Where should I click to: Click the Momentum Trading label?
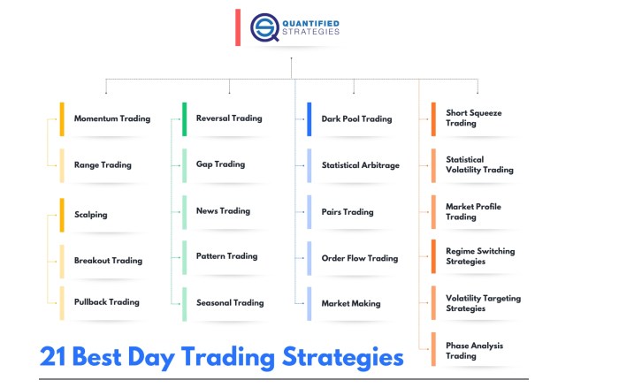(x=111, y=118)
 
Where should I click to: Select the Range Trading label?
(x=103, y=164)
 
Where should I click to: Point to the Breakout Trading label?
(x=108, y=260)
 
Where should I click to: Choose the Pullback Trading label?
(x=106, y=301)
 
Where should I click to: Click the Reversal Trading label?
(x=228, y=118)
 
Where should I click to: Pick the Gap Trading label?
(x=220, y=164)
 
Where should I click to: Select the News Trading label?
(x=223, y=210)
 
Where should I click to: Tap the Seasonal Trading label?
(x=230, y=302)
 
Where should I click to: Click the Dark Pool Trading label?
(x=356, y=118)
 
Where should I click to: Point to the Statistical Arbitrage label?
(x=360, y=164)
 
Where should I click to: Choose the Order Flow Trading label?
(x=359, y=258)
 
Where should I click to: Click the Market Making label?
(x=351, y=303)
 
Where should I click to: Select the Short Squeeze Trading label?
(x=473, y=118)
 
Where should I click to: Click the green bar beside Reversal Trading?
(x=185, y=119)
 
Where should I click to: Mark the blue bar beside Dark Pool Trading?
(x=309, y=119)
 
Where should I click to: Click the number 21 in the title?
(x=53, y=358)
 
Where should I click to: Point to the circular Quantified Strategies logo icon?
(x=264, y=27)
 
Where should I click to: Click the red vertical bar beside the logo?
(x=238, y=27)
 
